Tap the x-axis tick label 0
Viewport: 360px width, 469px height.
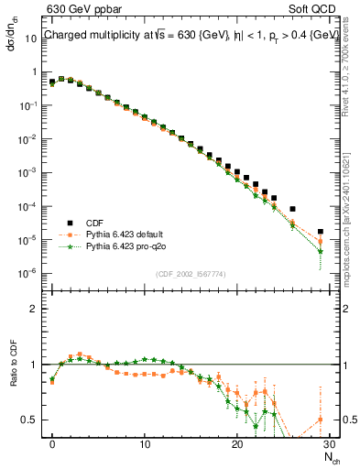tap(52, 445)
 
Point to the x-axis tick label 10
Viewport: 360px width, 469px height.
tap(145, 445)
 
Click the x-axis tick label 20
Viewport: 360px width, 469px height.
tap(237, 445)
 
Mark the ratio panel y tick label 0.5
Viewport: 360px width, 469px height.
tap(31, 420)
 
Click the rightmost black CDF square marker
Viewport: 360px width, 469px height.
tap(320, 232)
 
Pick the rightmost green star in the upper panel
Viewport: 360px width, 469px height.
tap(320, 251)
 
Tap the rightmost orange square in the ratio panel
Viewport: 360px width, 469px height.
tap(320, 420)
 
